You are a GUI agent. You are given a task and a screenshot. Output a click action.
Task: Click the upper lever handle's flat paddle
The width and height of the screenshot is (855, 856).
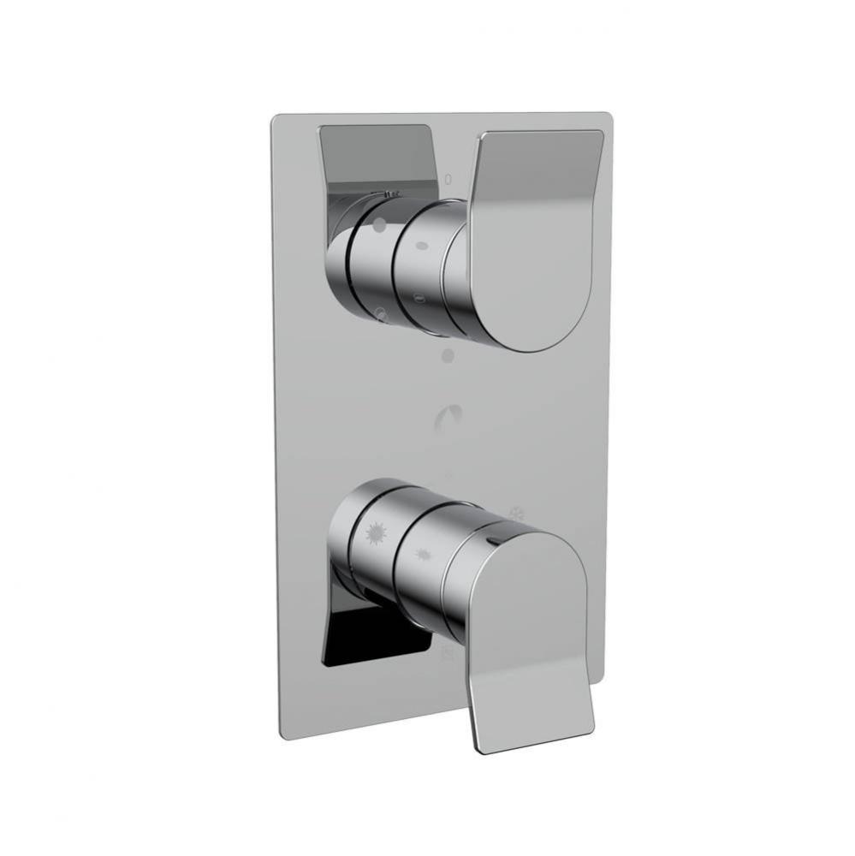(537, 231)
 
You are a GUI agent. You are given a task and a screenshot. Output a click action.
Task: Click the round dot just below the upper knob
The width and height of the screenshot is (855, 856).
(447, 354)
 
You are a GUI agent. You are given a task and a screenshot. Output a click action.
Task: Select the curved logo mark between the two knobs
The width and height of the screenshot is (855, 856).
(448, 417)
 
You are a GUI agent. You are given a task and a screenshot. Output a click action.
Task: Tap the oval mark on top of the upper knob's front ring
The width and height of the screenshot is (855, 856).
(421, 246)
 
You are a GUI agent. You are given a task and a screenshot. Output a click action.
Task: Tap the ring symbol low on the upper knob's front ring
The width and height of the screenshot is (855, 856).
(418, 299)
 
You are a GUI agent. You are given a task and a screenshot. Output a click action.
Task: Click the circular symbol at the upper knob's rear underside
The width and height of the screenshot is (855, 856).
(382, 315)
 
